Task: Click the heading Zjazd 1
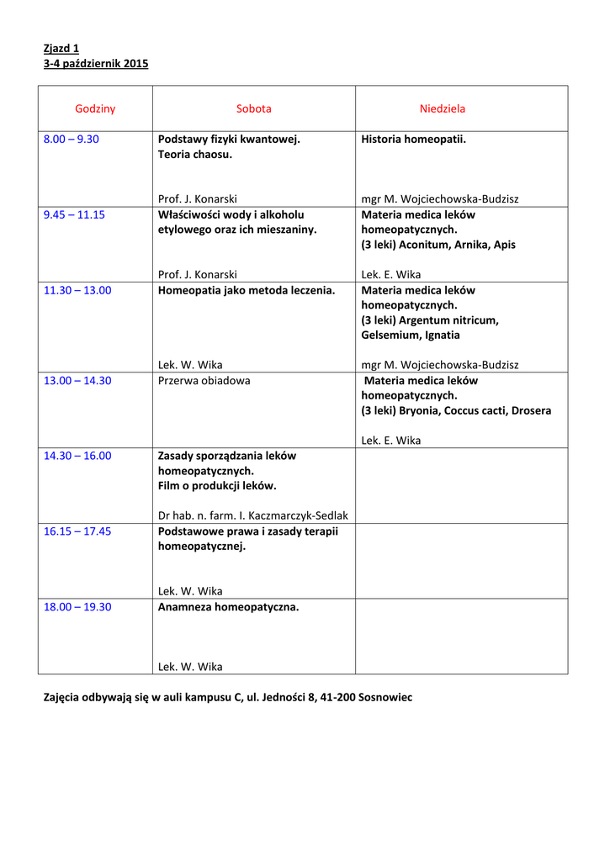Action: tap(61, 48)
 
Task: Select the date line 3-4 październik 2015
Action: tap(96, 63)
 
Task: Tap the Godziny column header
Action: tap(95, 108)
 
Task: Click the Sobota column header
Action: tap(253, 108)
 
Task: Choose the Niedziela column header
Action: tap(443, 108)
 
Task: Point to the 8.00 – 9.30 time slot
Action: tap(72, 139)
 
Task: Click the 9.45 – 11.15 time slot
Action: tap(74, 214)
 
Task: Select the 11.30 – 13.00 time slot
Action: tap(77, 290)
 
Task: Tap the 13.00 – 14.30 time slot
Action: tap(77, 380)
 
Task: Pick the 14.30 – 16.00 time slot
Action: tap(77, 456)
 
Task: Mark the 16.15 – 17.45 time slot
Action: tap(77, 531)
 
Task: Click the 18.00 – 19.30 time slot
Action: tap(77, 606)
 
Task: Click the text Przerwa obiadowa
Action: tap(204, 380)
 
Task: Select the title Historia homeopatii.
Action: tap(413, 139)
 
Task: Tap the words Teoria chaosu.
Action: tap(194, 154)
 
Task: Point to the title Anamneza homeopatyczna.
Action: tap(228, 606)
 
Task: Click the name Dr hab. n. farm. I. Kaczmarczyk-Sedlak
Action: tap(253, 515)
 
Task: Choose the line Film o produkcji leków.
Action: tap(217, 486)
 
